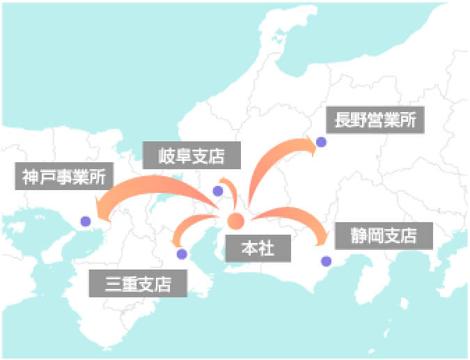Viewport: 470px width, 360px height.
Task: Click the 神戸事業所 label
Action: pyautogui.click(x=63, y=176)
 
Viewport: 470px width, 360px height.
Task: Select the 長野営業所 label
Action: pyautogui.click(x=375, y=120)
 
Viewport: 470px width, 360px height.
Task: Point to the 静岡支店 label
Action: pyautogui.click(x=384, y=235)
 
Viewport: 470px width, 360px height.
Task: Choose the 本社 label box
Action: pyautogui.click(x=258, y=249)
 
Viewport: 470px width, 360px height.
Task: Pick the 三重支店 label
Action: pyautogui.click(x=139, y=283)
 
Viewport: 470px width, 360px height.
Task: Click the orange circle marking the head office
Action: pyautogui.click(x=235, y=222)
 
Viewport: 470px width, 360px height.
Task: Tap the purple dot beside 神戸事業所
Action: pyautogui.click(x=86, y=221)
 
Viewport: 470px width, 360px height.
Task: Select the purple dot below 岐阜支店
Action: pyautogui.click(x=218, y=191)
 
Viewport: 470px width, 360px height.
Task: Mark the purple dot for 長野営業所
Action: pyautogui.click(x=321, y=142)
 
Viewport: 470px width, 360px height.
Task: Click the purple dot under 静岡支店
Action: pyautogui.click(x=326, y=261)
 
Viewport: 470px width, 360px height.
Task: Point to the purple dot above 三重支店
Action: pyautogui.click(x=182, y=254)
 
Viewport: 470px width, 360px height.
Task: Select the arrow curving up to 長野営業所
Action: pyautogui.click(x=272, y=164)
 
